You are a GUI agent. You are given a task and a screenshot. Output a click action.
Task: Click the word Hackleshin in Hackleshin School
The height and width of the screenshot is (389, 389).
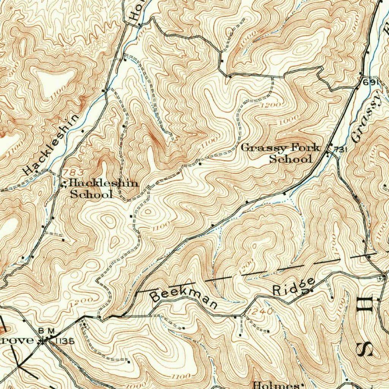[104, 184]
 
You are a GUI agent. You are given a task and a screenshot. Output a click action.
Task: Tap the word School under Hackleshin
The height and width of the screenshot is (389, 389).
[92, 194]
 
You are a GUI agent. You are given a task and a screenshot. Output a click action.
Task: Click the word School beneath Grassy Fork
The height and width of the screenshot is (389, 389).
[290, 159]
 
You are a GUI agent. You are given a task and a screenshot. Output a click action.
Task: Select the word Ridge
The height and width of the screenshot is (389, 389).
[294, 288]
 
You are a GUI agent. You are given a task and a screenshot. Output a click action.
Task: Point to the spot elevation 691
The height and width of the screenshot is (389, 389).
[371, 83]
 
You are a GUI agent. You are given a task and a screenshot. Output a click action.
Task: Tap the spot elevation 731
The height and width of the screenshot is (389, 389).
[341, 150]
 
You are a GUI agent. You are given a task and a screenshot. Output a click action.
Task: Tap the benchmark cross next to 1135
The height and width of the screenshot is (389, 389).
[45, 340]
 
